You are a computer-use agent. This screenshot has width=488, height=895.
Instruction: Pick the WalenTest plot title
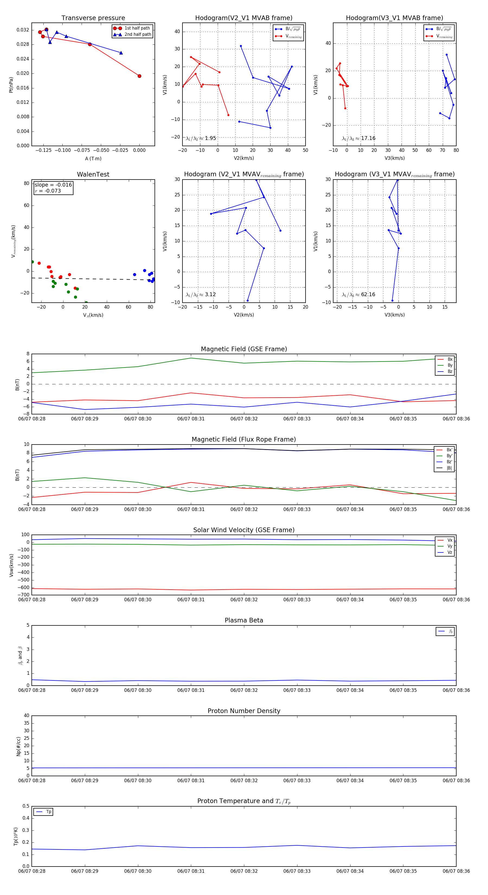pos(93,174)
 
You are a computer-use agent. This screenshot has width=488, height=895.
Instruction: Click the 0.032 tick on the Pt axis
pos(23,30)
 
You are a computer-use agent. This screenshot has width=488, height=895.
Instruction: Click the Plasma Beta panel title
pos(244,620)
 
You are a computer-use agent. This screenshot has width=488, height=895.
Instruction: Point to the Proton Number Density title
pos(244,711)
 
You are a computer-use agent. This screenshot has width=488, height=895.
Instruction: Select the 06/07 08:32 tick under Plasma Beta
pos(244,690)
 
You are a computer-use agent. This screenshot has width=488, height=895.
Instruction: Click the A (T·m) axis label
pos(93,158)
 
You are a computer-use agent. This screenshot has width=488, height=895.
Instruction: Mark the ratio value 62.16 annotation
pos(368,295)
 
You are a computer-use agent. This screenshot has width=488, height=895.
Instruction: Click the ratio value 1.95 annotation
pos(210,138)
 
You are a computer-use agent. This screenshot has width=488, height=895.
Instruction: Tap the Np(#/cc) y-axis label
pos(19,746)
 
